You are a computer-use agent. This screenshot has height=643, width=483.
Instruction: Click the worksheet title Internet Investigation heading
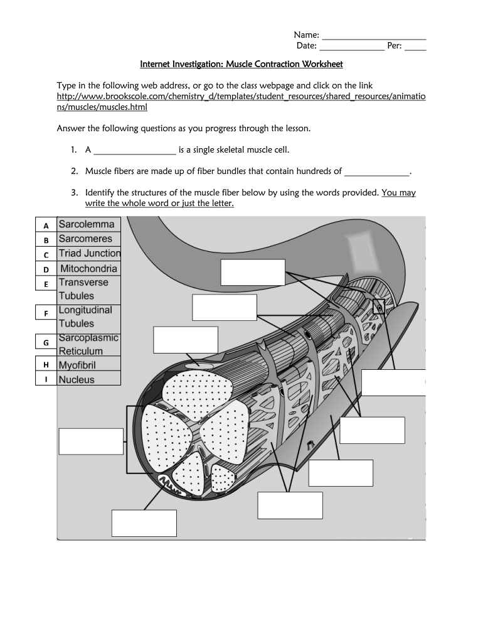tap(241, 64)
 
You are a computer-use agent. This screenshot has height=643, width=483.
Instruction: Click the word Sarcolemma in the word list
tap(87, 224)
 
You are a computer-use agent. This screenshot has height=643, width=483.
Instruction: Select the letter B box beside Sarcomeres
tap(46, 240)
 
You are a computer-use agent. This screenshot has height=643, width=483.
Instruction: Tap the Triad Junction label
tap(89, 254)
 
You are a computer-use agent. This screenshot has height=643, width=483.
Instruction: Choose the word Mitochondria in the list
tap(88, 269)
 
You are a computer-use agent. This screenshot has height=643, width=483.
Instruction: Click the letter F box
tap(46, 313)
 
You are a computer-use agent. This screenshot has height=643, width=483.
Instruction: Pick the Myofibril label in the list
tap(77, 365)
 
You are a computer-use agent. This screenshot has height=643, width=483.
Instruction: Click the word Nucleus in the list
tap(77, 380)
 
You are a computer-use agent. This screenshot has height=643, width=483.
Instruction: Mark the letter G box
tap(46, 343)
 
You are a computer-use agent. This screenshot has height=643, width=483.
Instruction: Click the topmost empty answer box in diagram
tap(253, 272)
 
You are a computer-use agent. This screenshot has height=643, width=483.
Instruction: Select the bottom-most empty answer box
tap(144, 523)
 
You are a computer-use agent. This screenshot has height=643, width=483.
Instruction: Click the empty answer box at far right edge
tap(393, 382)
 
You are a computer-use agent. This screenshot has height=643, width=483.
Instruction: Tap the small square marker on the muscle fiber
tap(378, 306)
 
